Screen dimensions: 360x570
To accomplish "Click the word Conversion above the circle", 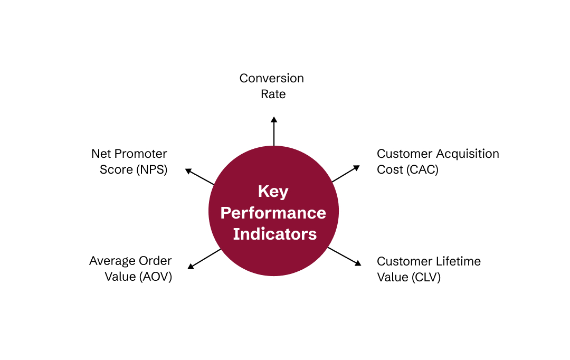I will point(271,79).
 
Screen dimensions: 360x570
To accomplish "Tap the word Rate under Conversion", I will point(273,94).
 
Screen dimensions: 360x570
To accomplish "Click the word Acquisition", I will point(468,154).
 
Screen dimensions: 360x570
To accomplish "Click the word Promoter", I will point(141,154).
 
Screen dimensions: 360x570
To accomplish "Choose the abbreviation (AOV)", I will point(155,277).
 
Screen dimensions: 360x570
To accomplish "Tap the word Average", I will point(112,261).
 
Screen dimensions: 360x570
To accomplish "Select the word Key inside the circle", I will point(273,191).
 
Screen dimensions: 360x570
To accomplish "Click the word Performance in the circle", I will point(273,213).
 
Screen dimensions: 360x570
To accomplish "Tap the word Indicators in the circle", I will point(275,234).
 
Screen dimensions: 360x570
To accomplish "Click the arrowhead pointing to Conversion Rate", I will point(273,120).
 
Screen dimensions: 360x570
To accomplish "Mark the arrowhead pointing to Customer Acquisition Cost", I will point(357,168).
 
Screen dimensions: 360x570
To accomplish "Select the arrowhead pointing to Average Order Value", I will point(191,267).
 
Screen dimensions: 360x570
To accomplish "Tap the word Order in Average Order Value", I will point(155,261).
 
